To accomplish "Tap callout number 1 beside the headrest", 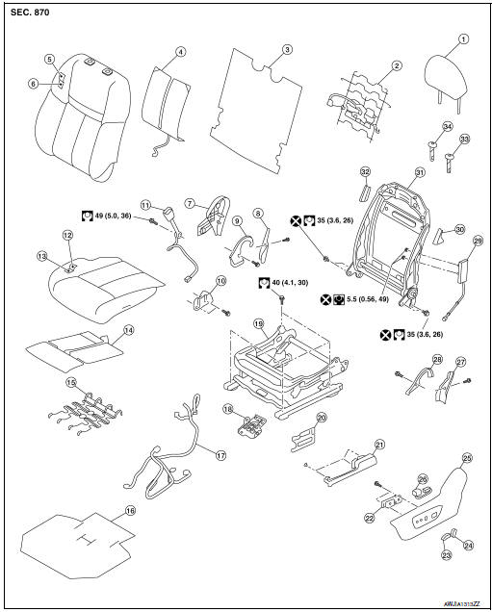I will (463, 39).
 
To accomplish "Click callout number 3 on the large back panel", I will (286, 48).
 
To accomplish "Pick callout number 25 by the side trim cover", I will (467, 458).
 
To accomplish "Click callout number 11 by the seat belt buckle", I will (145, 205).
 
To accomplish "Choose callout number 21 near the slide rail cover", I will (378, 444).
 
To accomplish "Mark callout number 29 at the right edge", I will (478, 240).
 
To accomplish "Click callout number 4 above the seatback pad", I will (180, 51).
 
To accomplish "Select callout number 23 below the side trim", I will (446, 554).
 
